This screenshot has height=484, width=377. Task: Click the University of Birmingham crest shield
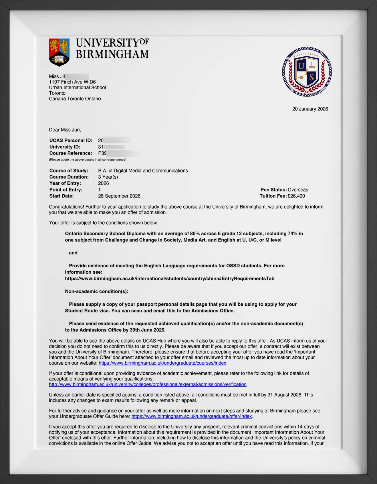click(59, 52)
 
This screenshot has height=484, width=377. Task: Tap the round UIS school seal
click(307, 72)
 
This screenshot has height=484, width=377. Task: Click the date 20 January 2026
click(310, 109)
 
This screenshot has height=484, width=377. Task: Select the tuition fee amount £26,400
click(296, 196)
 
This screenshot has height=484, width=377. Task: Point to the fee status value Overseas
click(298, 190)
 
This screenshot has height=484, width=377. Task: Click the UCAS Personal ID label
click(71, 140)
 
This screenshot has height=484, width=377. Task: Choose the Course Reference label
click(71, 153)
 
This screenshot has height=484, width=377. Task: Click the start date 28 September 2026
click(119, 196)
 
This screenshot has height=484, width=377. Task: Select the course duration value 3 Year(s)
click(108, 177)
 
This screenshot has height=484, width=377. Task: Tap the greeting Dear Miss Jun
click(65, 130)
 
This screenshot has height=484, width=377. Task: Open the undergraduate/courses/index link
click(162, 363)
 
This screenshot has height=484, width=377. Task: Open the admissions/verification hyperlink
click(148, 384)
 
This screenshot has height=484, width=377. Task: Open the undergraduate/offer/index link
click(192, 416)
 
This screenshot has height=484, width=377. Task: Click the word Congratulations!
click(66, 207)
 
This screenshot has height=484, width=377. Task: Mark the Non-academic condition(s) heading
click(96, 291)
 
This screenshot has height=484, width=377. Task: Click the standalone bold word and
click(73, 253)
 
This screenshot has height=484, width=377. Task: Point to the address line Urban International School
click(77, 88)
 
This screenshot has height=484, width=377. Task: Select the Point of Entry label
click(66, 190)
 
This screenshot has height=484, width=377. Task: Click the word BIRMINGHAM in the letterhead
click(112, 54)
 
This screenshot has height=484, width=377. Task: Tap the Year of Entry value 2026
click(103, 183)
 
